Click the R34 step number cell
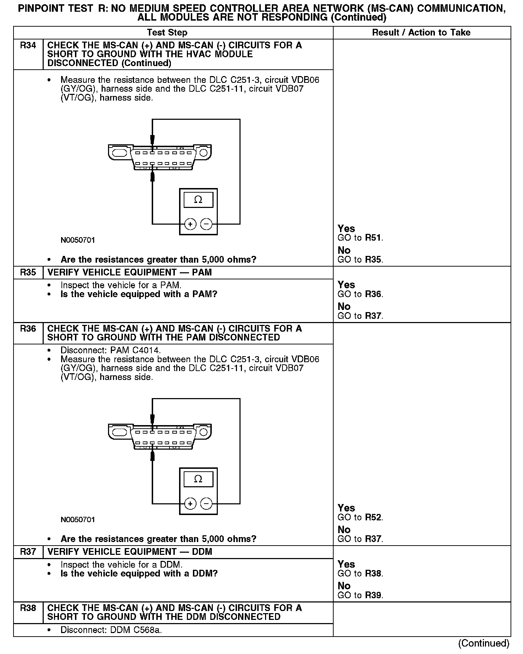[x=28, y=45]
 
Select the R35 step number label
[x=28, y=272]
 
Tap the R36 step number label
[x=28, y=329]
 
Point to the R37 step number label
[x=28, y=552]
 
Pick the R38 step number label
[x=28, y=608]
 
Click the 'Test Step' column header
[x=167, y=33]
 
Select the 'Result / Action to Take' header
[x=421, y=33]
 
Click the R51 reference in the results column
[x=373, y=238]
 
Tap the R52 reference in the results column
[x=373, y=517]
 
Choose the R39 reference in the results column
[x=373, y=595]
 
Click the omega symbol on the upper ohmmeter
[x=198, y=200]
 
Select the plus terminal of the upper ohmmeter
[x=190, y=224]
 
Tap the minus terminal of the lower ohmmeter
[x=206, y=504]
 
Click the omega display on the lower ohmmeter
[x=198, y=479]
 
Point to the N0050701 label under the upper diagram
[x=78, y=240]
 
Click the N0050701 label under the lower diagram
[x=78, y=520]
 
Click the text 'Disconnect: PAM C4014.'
[x=111, y=350]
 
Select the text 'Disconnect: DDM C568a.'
[x=111, y=630]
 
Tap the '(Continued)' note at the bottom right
[x=484, y=643]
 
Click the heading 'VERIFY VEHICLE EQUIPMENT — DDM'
[x=130, y=552]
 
